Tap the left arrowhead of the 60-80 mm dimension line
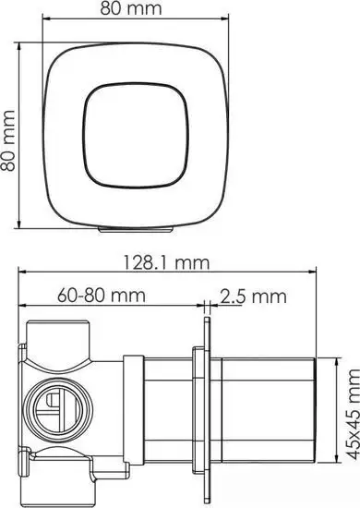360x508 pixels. [x=24, y=307]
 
